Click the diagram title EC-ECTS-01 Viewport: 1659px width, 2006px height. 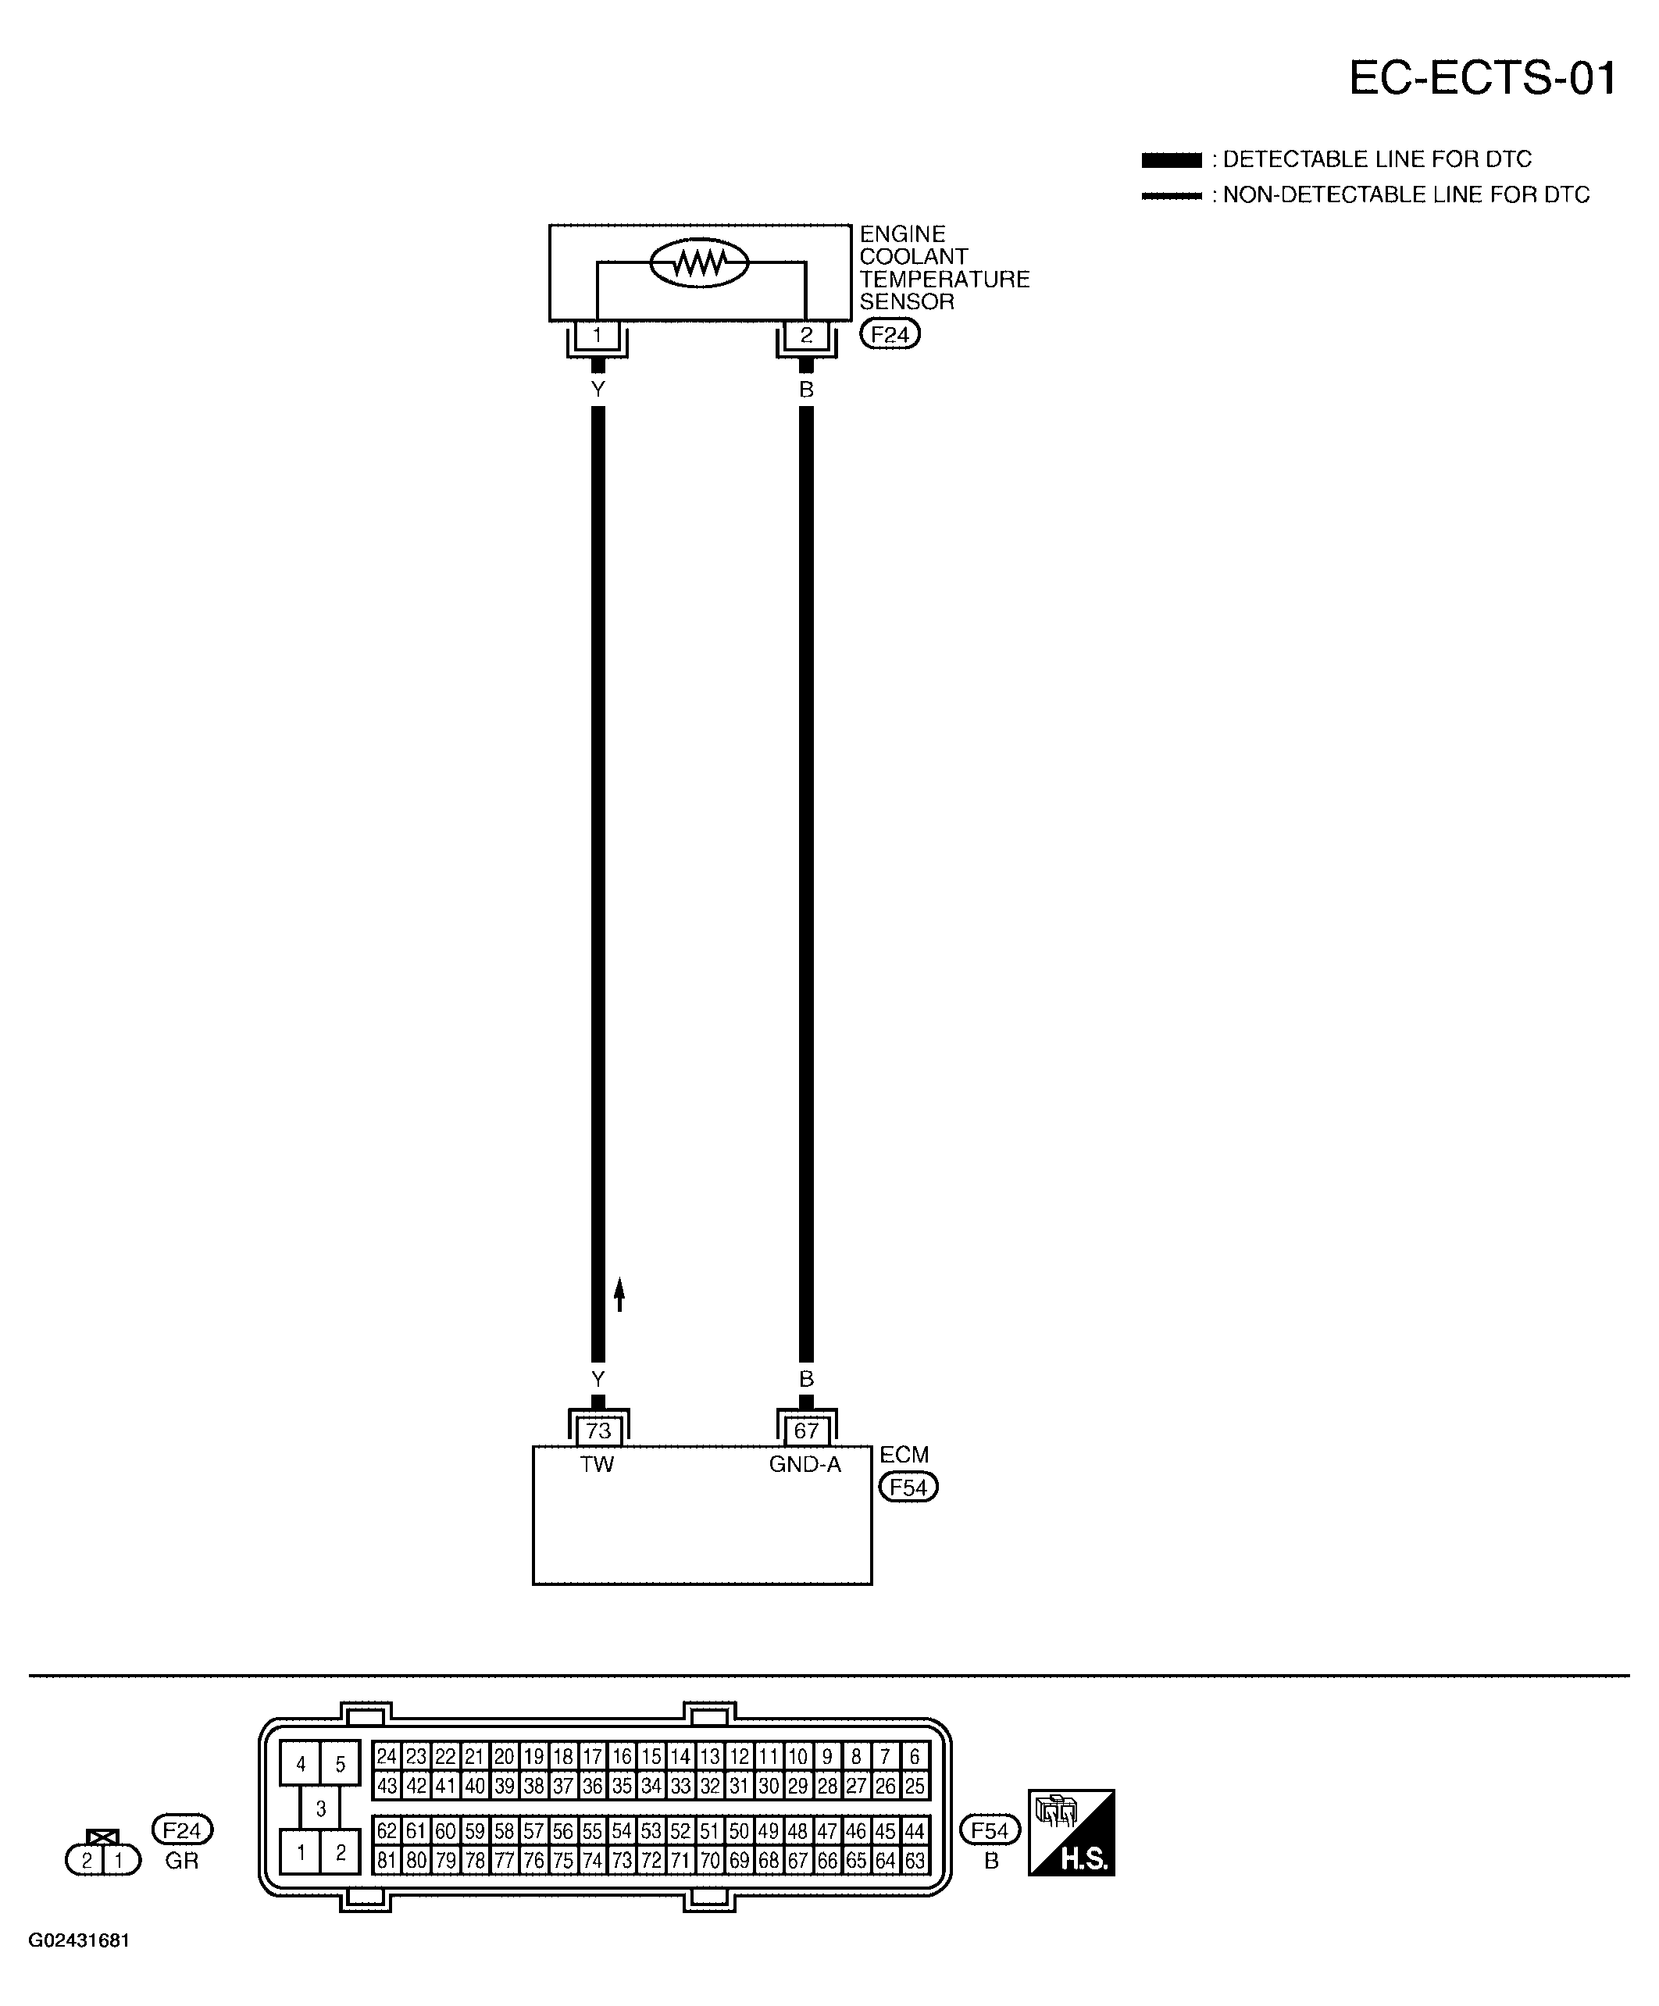coord(1482,77)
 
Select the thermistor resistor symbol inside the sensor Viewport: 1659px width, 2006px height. coord(700,262)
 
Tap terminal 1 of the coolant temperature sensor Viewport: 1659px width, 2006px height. coord(598,335)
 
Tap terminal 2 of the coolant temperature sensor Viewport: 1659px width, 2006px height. coord(805,335)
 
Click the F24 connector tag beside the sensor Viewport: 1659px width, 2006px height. coord(890,334)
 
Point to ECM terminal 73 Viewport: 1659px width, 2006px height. coord(598,1430)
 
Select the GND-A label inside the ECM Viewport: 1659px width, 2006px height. coord(805,1464)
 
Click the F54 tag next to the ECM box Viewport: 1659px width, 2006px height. coord(909,1488)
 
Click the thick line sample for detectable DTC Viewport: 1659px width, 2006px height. coord(1172,159)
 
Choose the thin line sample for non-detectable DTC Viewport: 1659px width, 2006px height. coord(1172,196)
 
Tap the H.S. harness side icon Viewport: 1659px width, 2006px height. coord(1072,1832)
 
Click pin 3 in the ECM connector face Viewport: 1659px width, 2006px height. coord(321,1808)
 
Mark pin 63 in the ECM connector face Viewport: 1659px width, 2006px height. coord(915,1861)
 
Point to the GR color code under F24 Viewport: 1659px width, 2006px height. coord(181,1860)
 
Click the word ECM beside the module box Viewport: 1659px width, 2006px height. coord(904,1455)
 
